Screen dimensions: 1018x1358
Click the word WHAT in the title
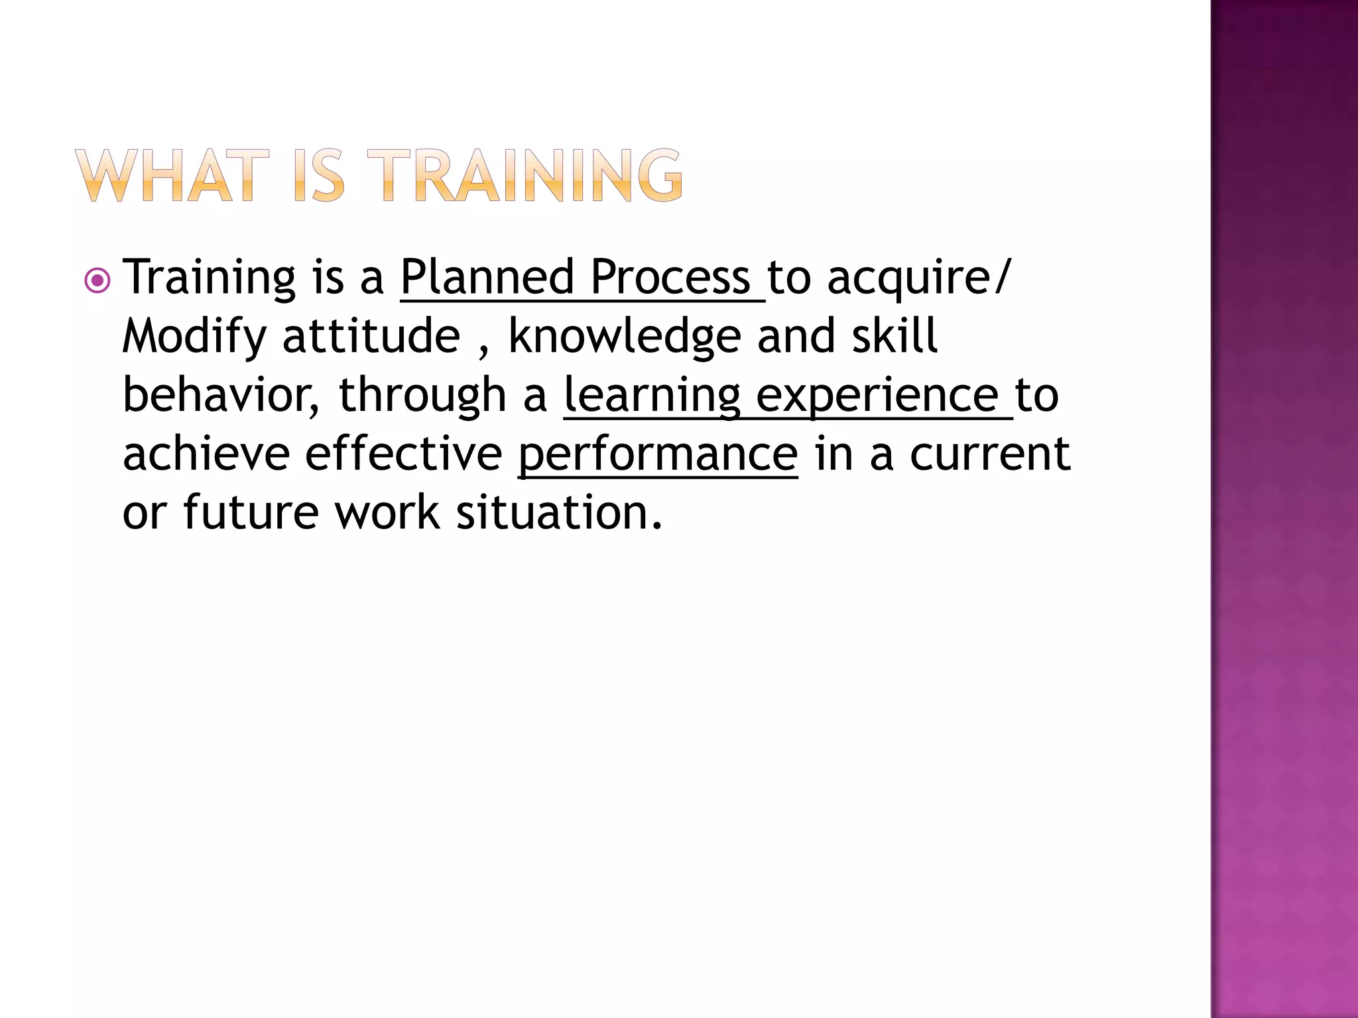(x=172, y=176)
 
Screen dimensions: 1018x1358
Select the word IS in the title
(x=319, y=176)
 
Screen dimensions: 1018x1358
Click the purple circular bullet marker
(x=97, y=281)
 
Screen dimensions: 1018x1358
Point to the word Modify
(x=194, y=337)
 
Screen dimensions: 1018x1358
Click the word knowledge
(x=624, y=337)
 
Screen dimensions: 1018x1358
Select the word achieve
(x=206, y=454)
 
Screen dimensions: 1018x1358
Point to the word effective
(x=403, y=454)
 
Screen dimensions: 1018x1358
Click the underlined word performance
(x=657, y=455)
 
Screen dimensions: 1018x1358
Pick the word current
(x=989, y=455)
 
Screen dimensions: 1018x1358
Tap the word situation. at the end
(x=559, y=513)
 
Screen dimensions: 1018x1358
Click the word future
(x=250, y=513)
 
